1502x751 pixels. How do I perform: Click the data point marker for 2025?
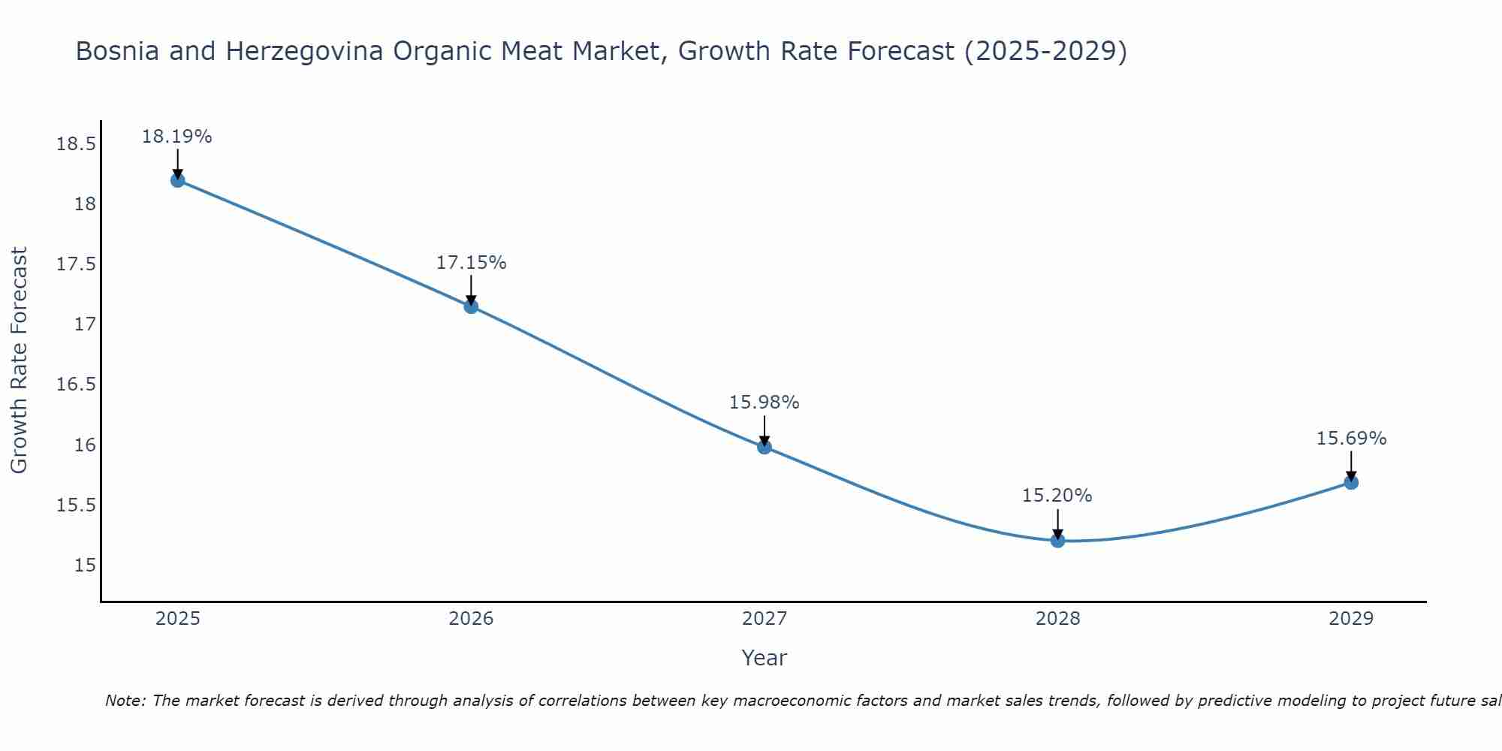click(177, 180)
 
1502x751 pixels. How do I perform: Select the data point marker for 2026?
click(471, 306)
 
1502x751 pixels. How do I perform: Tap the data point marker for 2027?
click(765, 447)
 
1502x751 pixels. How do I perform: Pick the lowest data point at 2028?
click(1057, 541)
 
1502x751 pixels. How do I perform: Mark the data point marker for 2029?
click(1351, 482)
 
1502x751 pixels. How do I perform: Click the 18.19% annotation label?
click(177, 137)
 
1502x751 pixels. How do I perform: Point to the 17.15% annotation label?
click(471, 263)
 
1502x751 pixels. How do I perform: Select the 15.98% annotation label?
click(765, 403)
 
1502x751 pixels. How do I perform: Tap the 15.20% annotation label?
click(1057, 496)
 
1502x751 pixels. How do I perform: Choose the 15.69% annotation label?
click(1351, 439)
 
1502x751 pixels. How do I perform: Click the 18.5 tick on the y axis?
click(76, 144)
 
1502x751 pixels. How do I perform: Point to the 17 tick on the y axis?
click(85, 324)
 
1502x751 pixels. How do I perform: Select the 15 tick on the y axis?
click(85, 565)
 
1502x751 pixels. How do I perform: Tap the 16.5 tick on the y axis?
click(76, 385)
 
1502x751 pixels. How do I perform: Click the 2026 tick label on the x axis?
click(471, 619)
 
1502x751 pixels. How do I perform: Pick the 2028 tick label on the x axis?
click(1057, 619)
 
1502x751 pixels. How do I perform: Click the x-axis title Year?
click(764, 658)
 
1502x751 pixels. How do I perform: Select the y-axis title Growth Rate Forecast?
click(20, 360)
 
